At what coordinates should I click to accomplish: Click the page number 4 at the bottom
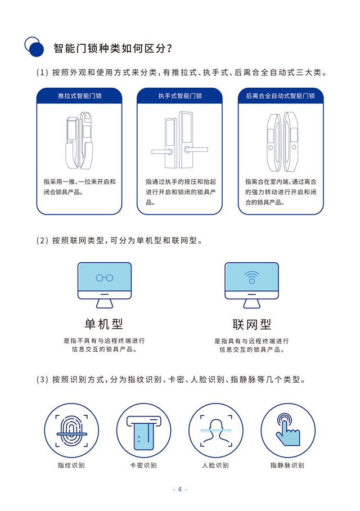(180, 489)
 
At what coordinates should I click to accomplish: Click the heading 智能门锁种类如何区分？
(112, 48)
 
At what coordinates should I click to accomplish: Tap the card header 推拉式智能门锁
(79, 96)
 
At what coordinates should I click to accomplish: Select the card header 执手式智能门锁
(179, 96)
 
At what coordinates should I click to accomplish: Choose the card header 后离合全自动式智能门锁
(280, 96)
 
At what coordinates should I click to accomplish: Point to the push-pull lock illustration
(79, 141)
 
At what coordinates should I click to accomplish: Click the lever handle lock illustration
(179, 141)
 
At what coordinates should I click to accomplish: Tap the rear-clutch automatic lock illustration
(280, 141)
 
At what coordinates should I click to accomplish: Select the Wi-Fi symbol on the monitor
(251, 277)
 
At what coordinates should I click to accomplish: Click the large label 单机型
(104, 324)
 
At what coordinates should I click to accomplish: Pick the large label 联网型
(251, 325)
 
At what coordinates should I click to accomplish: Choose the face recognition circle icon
(215, 431)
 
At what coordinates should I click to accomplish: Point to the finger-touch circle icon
(287, 431)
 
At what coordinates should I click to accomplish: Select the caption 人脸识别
(215, 465)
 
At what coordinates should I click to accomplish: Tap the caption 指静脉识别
(287, 465)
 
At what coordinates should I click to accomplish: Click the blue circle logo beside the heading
(34, 47)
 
